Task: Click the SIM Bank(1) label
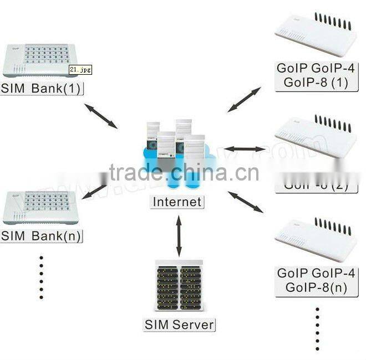(x=42, y=88)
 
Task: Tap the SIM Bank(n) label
(x=42, y=235)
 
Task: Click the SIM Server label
(x=179, y=324)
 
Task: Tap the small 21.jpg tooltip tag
(x=80, y=69)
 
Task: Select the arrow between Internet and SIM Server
(x=179, y=235)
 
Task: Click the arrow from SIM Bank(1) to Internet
(x=101, y=115)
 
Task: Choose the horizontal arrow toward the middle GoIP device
(x=245, y=149)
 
